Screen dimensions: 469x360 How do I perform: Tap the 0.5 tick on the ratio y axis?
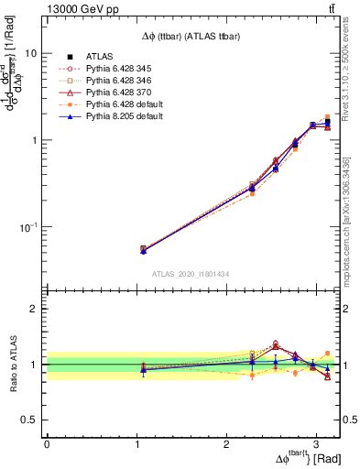point(32,420)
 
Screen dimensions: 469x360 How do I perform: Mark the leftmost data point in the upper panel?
point(143,248)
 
